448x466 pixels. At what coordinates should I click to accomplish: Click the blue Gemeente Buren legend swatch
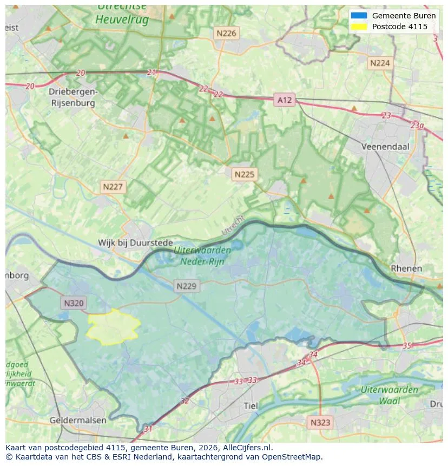358,16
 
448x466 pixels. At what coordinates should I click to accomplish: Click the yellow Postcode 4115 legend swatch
358,27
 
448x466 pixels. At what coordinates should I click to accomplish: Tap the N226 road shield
226,33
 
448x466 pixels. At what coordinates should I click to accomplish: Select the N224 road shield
379,63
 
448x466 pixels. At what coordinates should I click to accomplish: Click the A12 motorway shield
284,100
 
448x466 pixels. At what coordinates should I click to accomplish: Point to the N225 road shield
244,174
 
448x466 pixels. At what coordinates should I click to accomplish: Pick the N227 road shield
113,187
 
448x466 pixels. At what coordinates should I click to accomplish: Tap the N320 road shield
74,303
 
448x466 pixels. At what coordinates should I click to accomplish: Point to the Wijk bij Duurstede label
135,243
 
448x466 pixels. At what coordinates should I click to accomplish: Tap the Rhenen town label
406,268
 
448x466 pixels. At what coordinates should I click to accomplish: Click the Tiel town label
251,406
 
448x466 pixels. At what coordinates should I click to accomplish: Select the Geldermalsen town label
78,420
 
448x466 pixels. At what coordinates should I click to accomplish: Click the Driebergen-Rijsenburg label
73,96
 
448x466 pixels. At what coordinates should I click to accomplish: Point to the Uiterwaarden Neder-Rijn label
202,255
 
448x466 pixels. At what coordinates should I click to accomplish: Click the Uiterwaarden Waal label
390,395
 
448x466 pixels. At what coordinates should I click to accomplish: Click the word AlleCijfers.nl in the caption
246,448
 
